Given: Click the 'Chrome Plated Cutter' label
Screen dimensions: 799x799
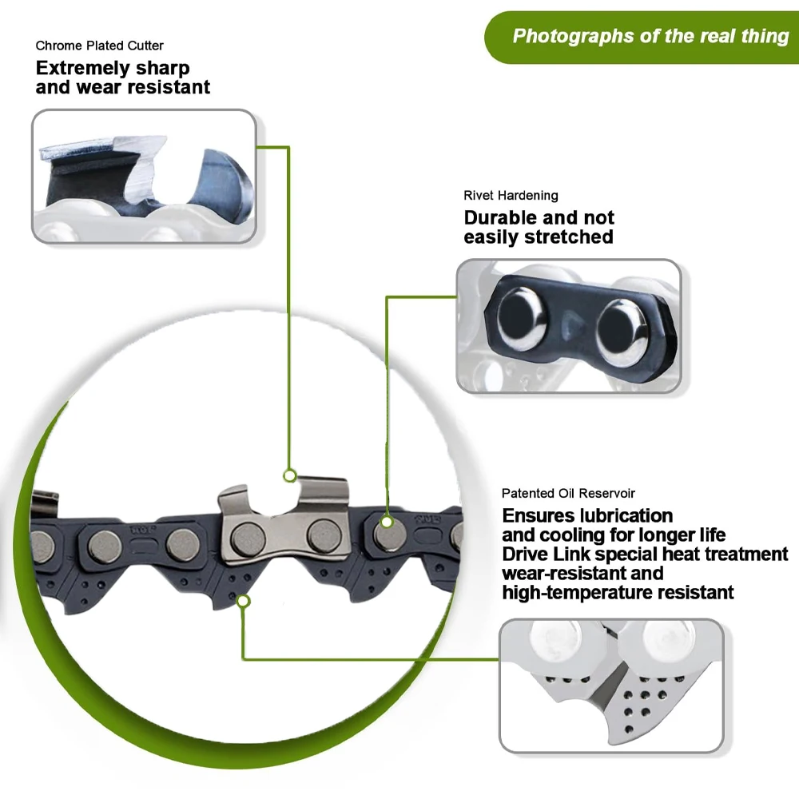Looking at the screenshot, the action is pyautogui.click(x=99, y=46).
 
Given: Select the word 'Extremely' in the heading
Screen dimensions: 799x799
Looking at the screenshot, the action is pyautogui.click(x=82, y=68).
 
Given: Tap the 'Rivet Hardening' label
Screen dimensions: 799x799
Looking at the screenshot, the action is pyautogui.click(x=511, y=195).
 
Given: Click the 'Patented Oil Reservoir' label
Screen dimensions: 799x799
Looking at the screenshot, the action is pyautogui.click(x=568, y=493).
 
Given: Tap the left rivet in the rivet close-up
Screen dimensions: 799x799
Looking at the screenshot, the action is pyautogui.click(x=522, y=319).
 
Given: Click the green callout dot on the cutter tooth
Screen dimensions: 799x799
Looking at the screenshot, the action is pyautogui.click(x=290, y=476).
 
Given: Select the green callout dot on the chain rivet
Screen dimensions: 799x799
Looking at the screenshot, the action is pyautogui.click(x=387, y=522).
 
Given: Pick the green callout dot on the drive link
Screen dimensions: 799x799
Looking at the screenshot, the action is pyautogui.click(x=244, y=602).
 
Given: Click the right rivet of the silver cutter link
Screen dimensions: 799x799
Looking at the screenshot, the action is pyautogui.click(x=324, y=536).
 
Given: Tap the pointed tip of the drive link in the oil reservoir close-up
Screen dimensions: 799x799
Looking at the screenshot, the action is pyautogui.click(x=611, y=741).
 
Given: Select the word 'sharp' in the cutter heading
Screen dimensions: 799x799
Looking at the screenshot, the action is pyautogui.click(x=162, y=69).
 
